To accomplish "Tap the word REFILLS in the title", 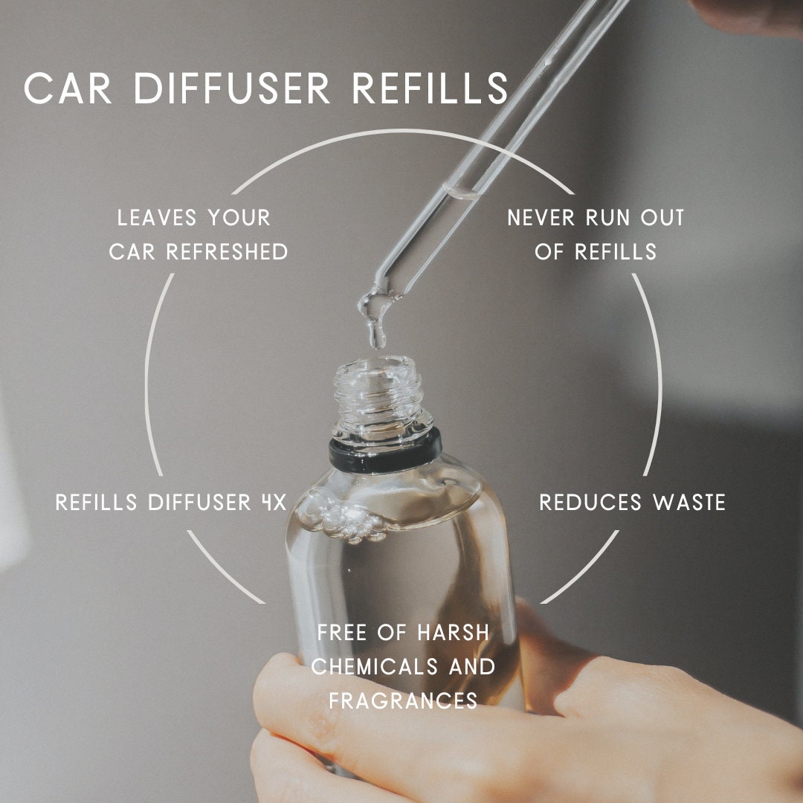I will click(430, 89).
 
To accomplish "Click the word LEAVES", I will click(156, 219).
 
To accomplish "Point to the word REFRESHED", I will click(227, 252).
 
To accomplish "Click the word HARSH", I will click(454, 633).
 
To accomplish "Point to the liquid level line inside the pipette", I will click(459, 193).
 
